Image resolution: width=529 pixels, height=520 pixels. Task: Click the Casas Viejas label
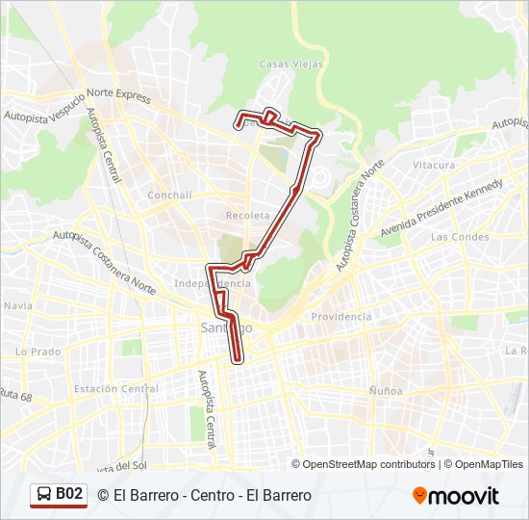click(286, 65)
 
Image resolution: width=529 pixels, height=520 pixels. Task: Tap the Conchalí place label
click(169, 195)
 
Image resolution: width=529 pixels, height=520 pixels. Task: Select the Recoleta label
click(246, 215)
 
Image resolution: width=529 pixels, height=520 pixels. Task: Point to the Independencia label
click(212, 283)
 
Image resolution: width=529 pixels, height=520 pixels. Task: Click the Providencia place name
click(341, 317)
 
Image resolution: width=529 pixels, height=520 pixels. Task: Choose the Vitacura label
click(434, 166)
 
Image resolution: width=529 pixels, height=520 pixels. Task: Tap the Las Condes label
click(454, 236)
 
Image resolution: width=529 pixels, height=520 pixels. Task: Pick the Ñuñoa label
click(386, 391)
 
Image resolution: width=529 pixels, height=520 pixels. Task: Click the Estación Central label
click(116, 389)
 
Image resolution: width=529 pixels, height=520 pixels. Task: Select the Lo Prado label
click(38, 351)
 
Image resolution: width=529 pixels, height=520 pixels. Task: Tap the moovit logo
click(456, 496)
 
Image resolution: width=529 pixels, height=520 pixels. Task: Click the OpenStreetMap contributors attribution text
click(369, 464)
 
